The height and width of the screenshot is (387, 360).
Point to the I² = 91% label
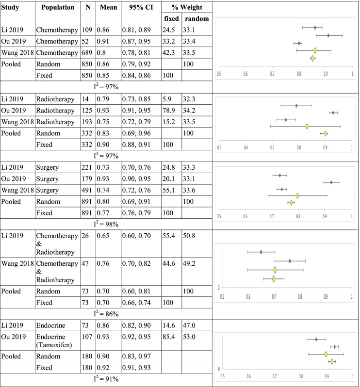[106, 380]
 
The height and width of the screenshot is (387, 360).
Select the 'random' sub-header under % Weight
[194, 18]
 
